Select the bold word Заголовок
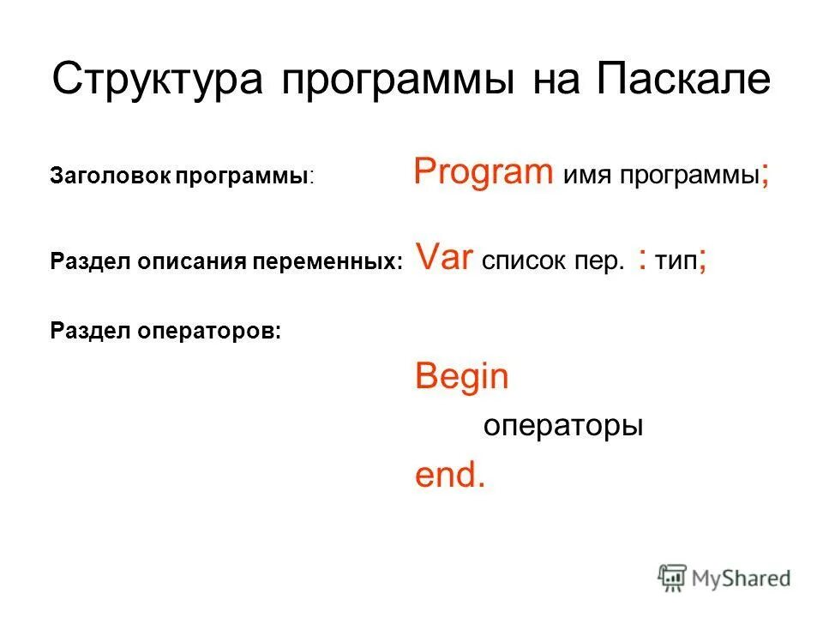tap(110, 177)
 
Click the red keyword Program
tap(484, 173)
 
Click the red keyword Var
tap(445, 257)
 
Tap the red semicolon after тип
tap(703, 261)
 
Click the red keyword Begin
tap(462, 377)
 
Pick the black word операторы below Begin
tap(563, 427)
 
